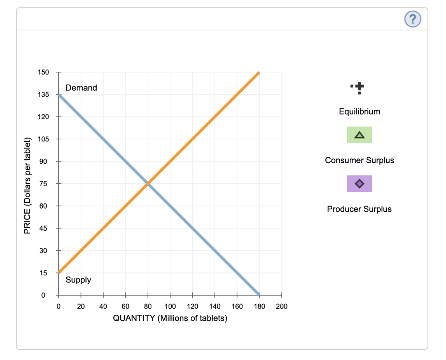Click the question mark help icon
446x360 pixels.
click(x=412, y=19)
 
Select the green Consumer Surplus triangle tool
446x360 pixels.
click(x=359, y=135)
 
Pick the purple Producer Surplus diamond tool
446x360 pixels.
click(x=359, y=184)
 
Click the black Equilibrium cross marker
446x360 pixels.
click(x=358, y=88)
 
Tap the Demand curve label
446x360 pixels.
click(x=81, y=88)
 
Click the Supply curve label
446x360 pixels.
click(x=78, y=280)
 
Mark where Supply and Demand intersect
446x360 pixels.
click(x=148, y=184)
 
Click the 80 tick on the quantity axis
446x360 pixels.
click(x=148, y=306)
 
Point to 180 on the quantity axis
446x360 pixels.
click(x=259, y=306)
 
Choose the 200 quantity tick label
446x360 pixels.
click(x=281, y=306)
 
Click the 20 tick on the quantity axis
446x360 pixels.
click(x=81, y=306)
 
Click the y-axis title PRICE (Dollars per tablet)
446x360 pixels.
click(x=27, y=185)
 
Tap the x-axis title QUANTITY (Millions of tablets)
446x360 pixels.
click(x=170, y=318)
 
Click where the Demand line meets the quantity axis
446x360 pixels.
click(x=259, y=295)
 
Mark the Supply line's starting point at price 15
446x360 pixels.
click(x=59, y=273)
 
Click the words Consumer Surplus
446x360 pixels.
click(x=359, y=160)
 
